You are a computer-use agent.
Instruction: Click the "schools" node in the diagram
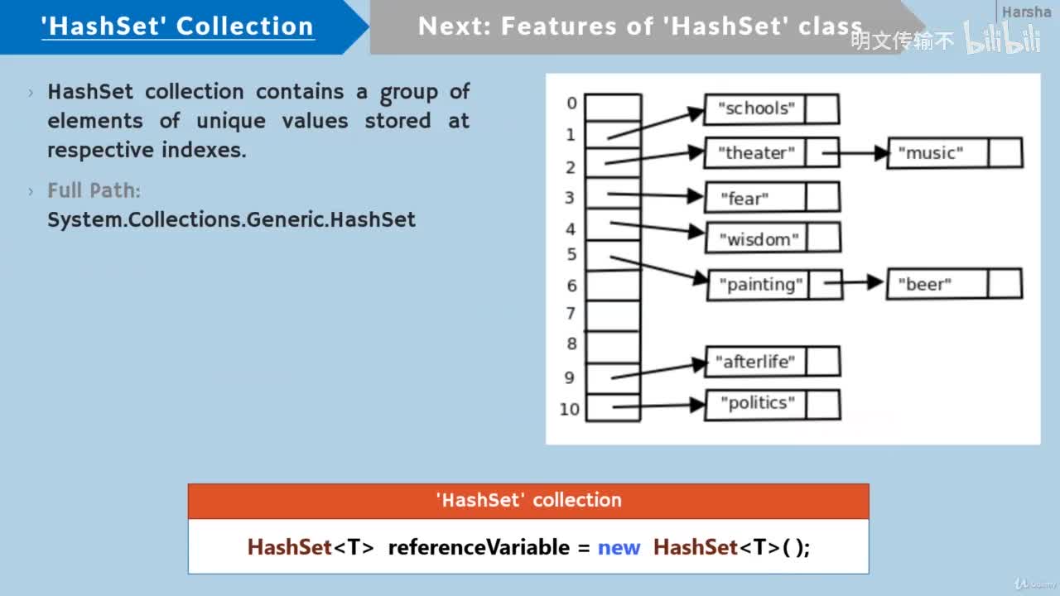[x=756, y=108]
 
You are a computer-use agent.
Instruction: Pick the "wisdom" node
[x=759, y=239]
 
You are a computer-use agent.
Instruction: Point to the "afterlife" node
[x=756, y=362]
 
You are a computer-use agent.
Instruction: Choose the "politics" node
[x=757, y=404]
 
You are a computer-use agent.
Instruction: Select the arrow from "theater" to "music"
[x=854, y=153]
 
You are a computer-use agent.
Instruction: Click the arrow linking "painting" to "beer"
[x=854, y=284]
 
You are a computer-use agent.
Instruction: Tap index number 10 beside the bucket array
[x=570, y=409]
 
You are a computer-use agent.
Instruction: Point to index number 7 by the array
[x=571, y=314]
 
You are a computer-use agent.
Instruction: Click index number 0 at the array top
[x=571, y=103]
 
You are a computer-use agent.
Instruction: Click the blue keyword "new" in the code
[x=619, y=547]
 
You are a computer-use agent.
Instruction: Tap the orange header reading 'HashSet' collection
[x=528, y=500]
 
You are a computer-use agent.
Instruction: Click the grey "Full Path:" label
[x=94, y=190]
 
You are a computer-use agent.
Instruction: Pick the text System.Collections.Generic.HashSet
[x=232, y=220]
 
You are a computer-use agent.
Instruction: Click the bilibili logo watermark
[x=1002, y=39]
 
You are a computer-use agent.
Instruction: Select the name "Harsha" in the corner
[x=1026, y=12]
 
